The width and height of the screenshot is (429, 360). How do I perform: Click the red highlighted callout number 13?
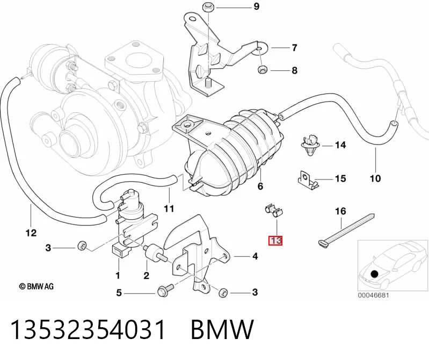(x=275, y=240)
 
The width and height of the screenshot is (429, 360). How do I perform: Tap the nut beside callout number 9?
(x=207, y=7)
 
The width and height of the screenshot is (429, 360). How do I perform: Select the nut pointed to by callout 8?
(x=263, y=69)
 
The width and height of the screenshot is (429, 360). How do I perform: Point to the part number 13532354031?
(x=88, y=329)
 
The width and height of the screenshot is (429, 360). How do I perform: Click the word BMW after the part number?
(x=222, y=329)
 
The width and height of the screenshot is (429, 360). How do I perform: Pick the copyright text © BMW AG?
(x=36, y=286)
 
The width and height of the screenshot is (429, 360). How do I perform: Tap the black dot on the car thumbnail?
(x=375, y=273)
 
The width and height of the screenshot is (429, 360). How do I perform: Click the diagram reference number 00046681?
(x=373, y=296)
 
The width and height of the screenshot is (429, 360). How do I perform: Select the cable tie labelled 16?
(x=346, y=229)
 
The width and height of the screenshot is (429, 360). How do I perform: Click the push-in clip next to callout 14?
(x=310, y=145)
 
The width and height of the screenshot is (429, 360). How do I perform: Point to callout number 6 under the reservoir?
(x=260, y=186)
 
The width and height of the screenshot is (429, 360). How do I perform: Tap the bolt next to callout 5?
(x=165, y=290)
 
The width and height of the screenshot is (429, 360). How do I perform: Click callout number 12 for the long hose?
(x=31, y=233)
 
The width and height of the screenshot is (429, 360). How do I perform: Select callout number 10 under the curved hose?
(x=375, y=178)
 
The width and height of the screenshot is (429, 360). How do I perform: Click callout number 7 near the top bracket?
(x=294, y=48)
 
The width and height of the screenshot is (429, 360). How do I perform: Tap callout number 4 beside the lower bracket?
(x=255, y=256)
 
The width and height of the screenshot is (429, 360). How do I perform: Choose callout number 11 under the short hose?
(x=169, y=208)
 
